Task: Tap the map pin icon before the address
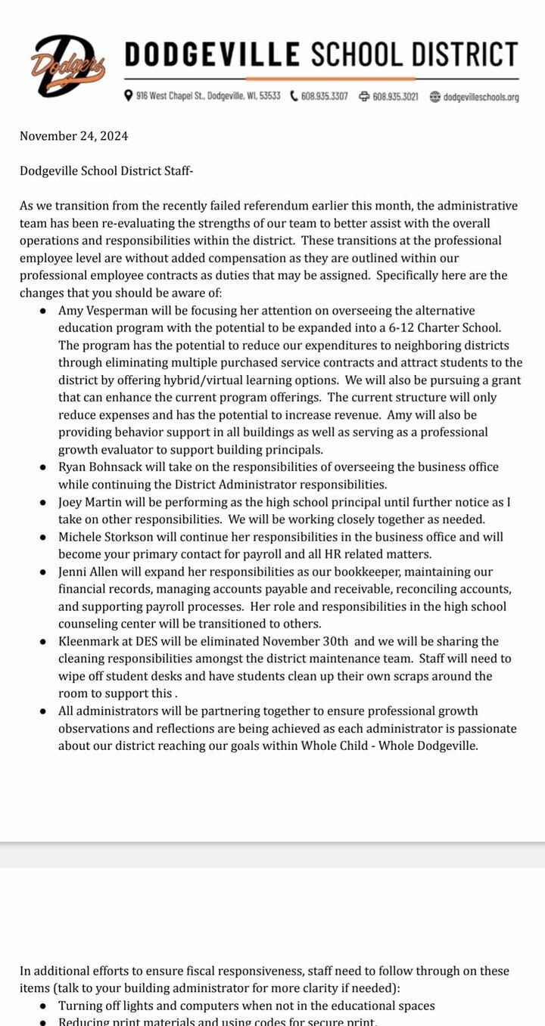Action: pyautogui.click(x=129, y=96)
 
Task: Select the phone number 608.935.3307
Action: pyautogui.click(x=325, y=96)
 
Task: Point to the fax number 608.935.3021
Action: pyautogui.click(x=395, y=96)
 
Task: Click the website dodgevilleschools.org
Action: pyautogui.click(x=481, y=97)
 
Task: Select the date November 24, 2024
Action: pyautogui.click(x=73, y=136)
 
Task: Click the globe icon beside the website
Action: pyautogui.click(x=434, y=96)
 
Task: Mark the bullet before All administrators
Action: pyautogui.click(x=42, y=711)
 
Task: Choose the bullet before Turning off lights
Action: pyautogui.click(x=42, y=1006)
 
